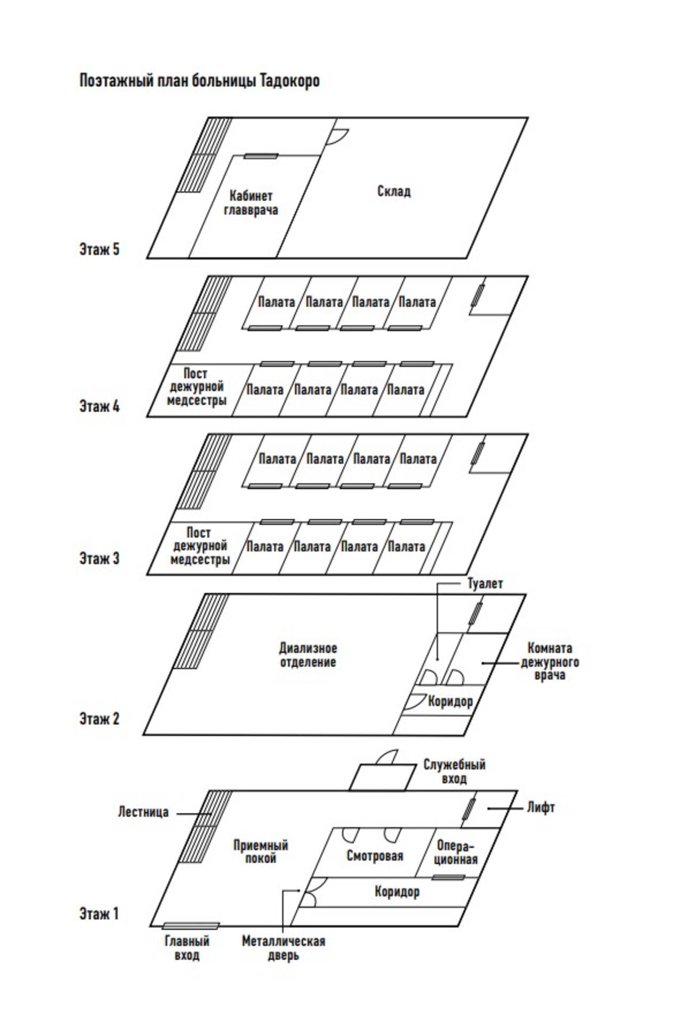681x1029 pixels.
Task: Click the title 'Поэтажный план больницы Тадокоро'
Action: point(200,81)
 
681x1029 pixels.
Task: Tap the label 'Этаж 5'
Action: point(99,249)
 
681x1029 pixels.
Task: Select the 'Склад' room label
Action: point(394,191)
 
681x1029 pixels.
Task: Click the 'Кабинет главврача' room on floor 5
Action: point(251,203)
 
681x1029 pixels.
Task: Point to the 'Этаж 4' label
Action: point(99,406)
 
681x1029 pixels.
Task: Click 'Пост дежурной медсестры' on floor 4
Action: point(196,387)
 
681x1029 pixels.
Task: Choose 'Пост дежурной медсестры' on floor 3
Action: point(200,545)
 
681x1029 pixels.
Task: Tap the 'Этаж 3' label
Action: point(99,558)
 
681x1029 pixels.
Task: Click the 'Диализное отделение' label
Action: point(308,655)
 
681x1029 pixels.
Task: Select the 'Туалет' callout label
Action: point(485,584)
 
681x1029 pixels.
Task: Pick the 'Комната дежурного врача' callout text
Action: point(550,661)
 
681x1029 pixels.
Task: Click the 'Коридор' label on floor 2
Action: point(450,701)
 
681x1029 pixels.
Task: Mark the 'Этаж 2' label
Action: point(99,718)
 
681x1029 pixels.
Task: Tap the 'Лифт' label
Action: point(541,807)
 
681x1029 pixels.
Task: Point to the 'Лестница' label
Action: point(143,812)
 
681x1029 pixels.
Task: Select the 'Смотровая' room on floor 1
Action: point(375,856)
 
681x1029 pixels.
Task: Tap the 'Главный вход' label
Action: point(187,948)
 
